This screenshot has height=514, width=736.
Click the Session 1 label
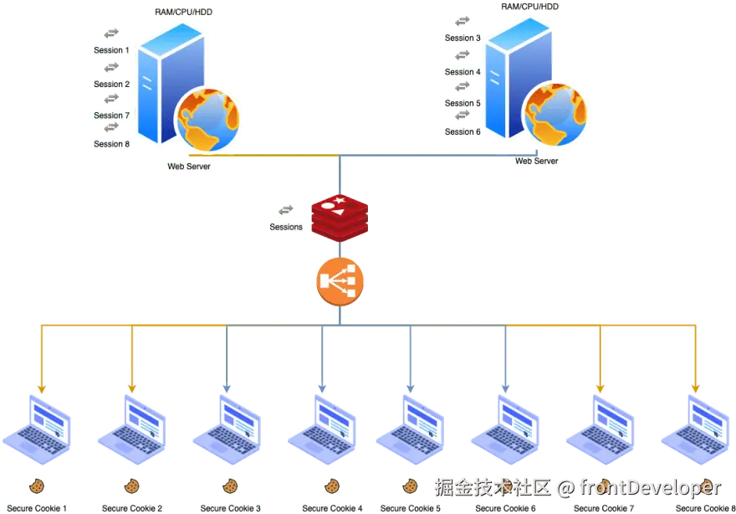click(x=111, y=50)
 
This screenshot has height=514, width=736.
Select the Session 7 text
click(x=111, y=116)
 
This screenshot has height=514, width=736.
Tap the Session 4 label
click(x=463, y=72)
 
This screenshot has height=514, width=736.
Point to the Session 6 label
click(x=463, y=132)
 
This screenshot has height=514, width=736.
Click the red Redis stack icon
click(x=340, y=218)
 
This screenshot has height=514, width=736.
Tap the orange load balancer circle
click(x=340, y=282)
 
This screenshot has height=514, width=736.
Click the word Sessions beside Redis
click(x=286, y=227)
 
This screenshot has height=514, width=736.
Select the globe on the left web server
click(x=207, y=120)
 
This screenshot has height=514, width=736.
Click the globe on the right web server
click(x=555, y=114)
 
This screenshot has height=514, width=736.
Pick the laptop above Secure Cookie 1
click(x=37, y=429)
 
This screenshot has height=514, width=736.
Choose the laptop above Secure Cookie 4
click(x=322, y=429)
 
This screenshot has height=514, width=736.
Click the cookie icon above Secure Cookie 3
click(x=230, y=486)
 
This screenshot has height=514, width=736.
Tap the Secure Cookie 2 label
click(x=132, y=508)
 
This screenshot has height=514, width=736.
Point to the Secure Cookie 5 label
click(x=411, y=508)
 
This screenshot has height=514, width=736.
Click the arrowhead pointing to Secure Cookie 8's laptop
click(x=696, y=388)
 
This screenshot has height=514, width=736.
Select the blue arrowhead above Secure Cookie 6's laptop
click(x=505, y=388)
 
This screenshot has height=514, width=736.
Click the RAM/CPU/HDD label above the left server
click(x=183, y=13)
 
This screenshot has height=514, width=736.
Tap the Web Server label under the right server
click(x=536, y=162)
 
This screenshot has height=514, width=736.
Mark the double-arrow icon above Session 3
click(x=463, y=21)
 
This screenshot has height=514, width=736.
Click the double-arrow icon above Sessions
click(x=286, y=209)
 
